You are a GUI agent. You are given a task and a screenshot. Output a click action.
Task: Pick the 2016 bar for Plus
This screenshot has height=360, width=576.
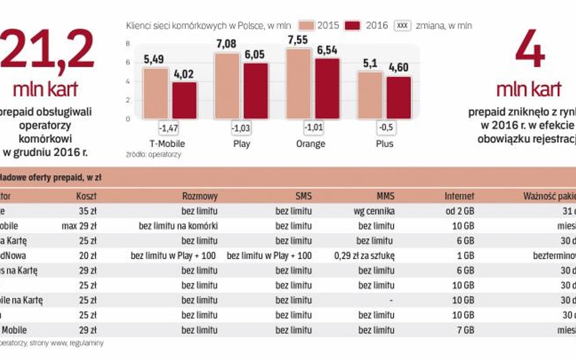399,97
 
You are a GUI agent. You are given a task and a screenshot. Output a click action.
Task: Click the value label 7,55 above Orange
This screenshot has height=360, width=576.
300,41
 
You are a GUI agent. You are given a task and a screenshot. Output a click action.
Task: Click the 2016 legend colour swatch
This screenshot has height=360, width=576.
352,25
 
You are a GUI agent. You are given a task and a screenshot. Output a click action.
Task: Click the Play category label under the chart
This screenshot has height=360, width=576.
241,144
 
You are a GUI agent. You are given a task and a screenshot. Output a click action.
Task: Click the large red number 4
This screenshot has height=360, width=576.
529,52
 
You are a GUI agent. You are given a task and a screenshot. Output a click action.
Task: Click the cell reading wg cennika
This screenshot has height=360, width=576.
374,211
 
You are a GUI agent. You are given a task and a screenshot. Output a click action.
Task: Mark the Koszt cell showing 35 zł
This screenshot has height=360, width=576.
86,211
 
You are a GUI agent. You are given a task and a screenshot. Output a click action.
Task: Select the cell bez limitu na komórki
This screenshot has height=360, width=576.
178,226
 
